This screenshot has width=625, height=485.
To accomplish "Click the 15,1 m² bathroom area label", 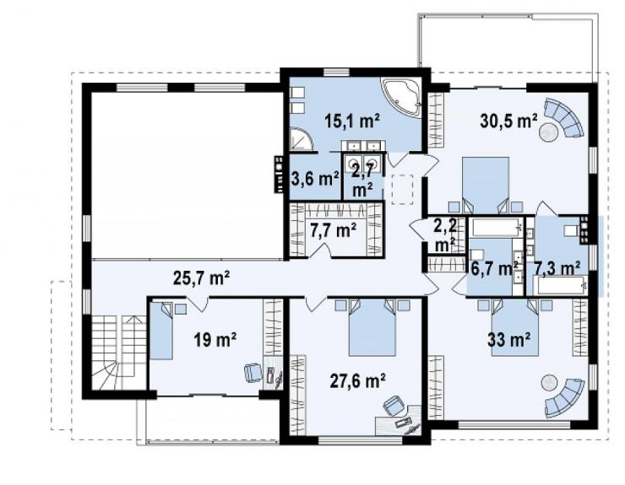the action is [x=351, y=121].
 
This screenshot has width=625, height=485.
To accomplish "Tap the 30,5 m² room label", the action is [x=509, y=121].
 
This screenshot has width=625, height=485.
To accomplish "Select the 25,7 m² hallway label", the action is [x=201, y=278].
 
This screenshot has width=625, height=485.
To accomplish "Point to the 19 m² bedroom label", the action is [x=215, y=340].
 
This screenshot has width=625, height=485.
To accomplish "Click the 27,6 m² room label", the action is [x=357, y=381].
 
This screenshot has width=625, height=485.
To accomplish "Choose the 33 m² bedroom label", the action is [x=509, y=340].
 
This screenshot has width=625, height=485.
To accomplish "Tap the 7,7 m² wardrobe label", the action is [x=334, y=229].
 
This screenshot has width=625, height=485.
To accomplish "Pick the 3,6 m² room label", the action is [x=315, y=179].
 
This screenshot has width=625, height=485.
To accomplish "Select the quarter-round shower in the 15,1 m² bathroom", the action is [x=300, y=139].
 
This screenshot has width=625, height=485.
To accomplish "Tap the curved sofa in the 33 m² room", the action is [x=565, y=398].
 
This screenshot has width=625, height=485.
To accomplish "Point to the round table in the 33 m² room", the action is [x=550, y=383].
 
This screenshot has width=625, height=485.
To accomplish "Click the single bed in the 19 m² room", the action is [x=162, y=331].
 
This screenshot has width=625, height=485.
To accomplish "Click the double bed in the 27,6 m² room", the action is [x=372, y=327].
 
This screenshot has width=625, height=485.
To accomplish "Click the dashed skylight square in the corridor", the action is [x=403, y=190].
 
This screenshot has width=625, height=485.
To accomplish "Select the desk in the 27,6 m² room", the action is [x=398, y=421].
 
